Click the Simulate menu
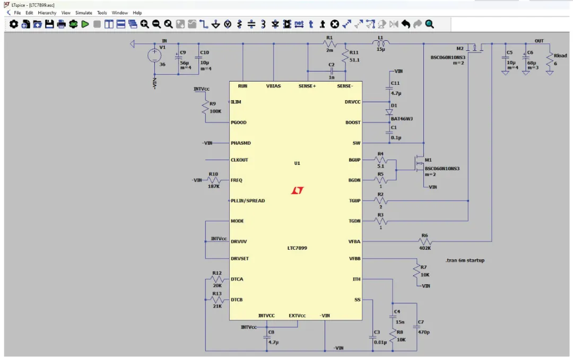coord(84,13)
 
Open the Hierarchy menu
coord(47,13)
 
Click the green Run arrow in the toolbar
coord(85,24)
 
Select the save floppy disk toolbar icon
coord(49,24)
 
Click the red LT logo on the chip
coord(298,190)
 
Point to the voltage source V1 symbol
coord(154,56)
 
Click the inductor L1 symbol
coord(381,43)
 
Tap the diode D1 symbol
coord(389,112)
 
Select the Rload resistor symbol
coord(550,60)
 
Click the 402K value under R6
coord(424,248)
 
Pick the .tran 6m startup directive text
coord(465,260)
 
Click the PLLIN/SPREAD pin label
coord(248,200)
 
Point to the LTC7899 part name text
coord(297,248)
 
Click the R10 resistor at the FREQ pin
coord(214,180)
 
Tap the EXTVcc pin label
coord(297,315)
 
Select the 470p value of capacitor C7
coord(423,332)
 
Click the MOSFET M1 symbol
coord(419,163)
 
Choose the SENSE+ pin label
coord(307,86)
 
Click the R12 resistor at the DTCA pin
coord(217,279)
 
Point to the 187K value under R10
coord(213,186)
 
